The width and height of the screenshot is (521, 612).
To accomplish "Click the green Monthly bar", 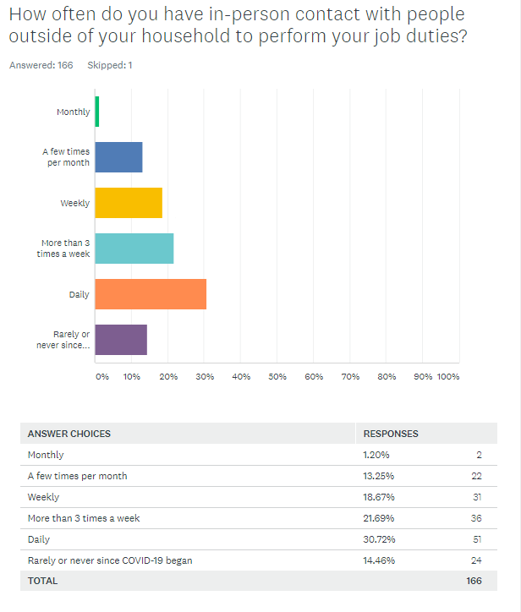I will [x=97, y=112].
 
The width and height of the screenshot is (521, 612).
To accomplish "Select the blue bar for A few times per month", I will [x=118, y=157].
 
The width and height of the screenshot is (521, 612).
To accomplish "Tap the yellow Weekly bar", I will [x=128, y=203].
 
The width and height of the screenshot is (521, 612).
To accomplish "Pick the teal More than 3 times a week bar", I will [x=134, y=249].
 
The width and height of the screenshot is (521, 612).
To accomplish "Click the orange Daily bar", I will [x=151, y=294].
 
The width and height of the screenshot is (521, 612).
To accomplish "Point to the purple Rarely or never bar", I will [x=120, y=340].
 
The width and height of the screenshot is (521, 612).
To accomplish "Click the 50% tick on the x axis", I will [x=277, y=376].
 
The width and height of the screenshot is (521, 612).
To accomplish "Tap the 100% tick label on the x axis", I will [x=447, y=376].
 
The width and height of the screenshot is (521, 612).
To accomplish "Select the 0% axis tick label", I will [x=101, y=376].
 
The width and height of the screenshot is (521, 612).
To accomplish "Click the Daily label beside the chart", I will [x=80, y=294].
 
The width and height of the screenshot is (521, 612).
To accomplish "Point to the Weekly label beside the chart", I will [x=75, y=203].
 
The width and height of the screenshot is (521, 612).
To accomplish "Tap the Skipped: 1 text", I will [x=110, y=65].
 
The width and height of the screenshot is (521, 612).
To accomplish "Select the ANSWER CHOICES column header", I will [x=69, y=434].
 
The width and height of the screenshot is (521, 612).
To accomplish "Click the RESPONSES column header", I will [x=391, y=434].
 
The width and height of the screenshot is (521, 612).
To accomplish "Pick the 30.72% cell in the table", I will [x=377, y=538].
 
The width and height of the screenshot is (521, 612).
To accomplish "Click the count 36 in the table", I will [x=476, y=517].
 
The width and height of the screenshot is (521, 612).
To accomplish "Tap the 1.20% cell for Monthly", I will [x=376, y=455].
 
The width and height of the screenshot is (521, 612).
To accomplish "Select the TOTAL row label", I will [x=42, y=581].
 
